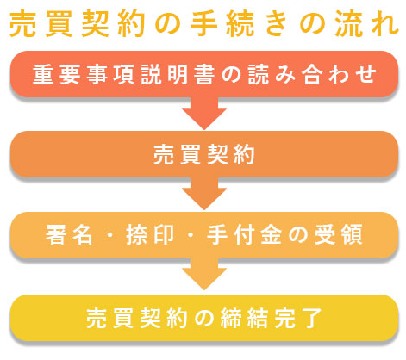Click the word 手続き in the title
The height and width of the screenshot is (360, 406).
pos(239,23)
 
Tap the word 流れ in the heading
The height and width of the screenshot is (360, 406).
pos(366,23)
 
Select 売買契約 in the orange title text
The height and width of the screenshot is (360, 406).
pos(77,23)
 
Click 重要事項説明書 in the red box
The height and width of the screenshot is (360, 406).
pos(124,74)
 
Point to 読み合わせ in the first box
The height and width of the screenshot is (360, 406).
pos(312,74)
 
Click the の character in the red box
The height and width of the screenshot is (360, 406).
pos(231,75)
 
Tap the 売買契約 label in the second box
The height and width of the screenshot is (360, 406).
pos(204,154)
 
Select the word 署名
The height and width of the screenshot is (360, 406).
pos(69,234)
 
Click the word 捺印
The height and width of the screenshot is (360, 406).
pos(150,234)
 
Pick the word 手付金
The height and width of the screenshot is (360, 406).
pos(244,234)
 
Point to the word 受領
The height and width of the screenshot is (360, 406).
pos(339,234)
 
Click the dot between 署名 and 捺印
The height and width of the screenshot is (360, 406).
pos(109,235)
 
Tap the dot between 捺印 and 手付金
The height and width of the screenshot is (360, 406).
pos(191,235)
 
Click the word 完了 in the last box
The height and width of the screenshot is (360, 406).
pos(298,318)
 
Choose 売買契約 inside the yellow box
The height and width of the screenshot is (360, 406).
pos(137,318)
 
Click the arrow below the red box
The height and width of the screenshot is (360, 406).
pos(204,114)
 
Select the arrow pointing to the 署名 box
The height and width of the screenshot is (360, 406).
pos(204,194)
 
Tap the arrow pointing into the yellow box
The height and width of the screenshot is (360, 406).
pos(204,274)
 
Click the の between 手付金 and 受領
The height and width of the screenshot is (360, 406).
pos(298,235)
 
